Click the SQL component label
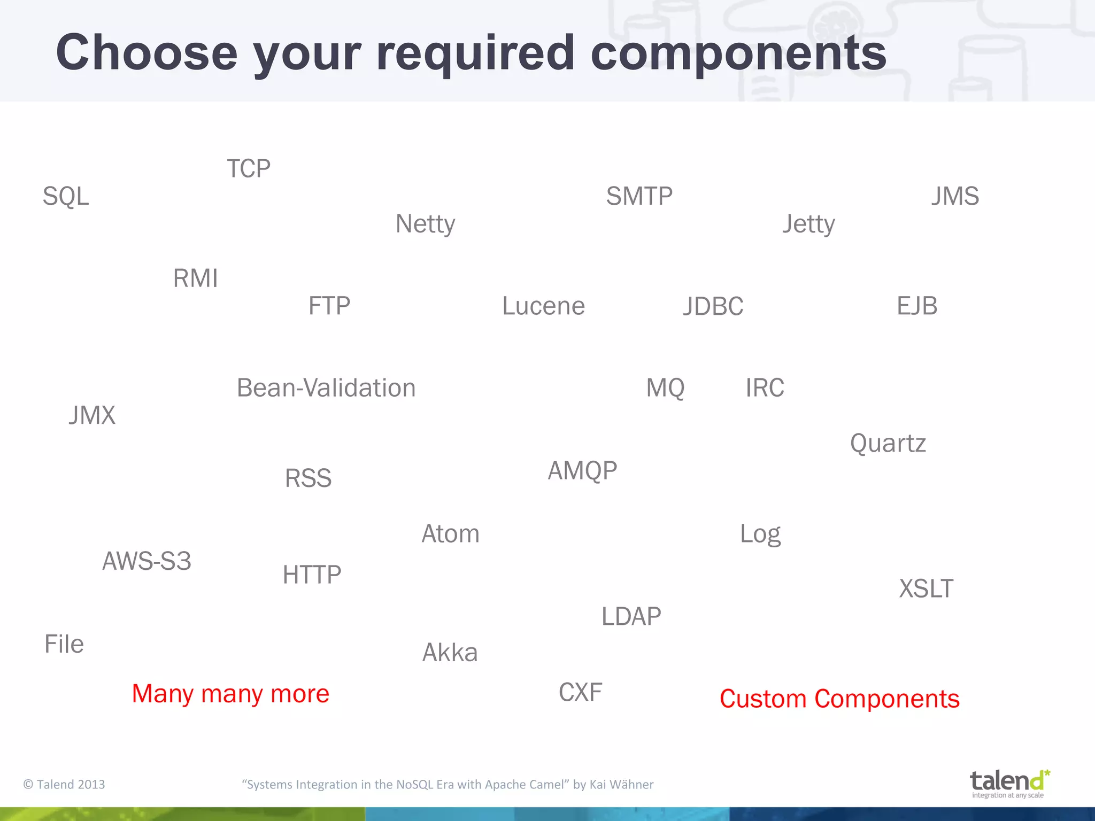pyautogui.click(x=66, y=196)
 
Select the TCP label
pyautogui.click(x=249, y=169)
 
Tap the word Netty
pyautogui.click(x=425, y=224)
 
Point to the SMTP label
pyautogui.click(x=639, y=196)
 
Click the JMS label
pyautogui.click(x=955, y=196)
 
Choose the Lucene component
pyautogui.click(x=543, y=306)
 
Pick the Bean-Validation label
pyautogui.click(x=326, y=388)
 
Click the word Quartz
pyautogui.click(x=888, y=444)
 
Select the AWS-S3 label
pyautogui.click(x=146, y=561)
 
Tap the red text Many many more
pyautogui.click(x=230, y=694)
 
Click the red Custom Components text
pyautogui.click(x=839, y=699)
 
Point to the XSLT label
pyautogui.click(x=926, y=589)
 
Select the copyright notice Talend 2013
pyautogui.click(x=64, y=785)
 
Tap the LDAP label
pyautogui.click(x=631, y=617)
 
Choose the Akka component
pyautogui.click(x=450, y=653)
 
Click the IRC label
pyautogui.click(x=765, y=388)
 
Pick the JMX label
pyautogui.click(x=92, y=416)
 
